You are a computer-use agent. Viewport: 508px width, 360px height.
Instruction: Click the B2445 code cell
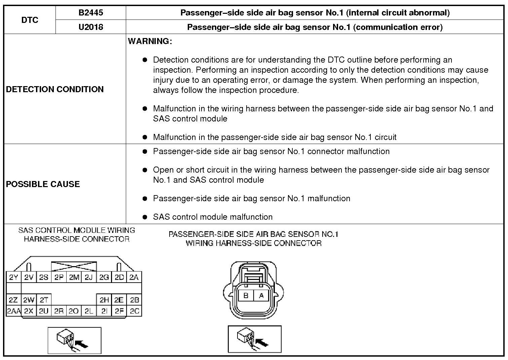tap(90, 13)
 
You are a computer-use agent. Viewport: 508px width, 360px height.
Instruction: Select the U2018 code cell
tap(90, 27)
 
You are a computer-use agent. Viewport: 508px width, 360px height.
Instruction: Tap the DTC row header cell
tap(30, 20)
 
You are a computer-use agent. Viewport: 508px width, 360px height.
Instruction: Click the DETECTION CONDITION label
tap(55, 89)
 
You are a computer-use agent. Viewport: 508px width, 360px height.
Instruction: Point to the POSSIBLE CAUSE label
tap(43, 184)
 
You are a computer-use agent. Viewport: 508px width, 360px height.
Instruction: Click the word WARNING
tap(150, 41)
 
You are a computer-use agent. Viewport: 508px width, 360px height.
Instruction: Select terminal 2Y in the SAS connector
tap(13, 277)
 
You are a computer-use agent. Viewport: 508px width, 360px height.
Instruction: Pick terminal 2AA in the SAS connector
tap(13, 311)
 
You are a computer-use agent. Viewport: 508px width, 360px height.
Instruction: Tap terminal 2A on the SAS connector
tap(134, 277)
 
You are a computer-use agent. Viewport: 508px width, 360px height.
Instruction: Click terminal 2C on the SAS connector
tap(134, 311)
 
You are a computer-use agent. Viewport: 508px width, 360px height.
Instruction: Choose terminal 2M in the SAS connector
tap(74, 277)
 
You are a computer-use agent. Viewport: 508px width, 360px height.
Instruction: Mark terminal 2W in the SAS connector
tap(29, 300)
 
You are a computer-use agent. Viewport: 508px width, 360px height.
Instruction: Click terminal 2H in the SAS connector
tap(104, 300)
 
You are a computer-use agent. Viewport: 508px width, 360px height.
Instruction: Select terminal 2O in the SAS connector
tap(73, 311)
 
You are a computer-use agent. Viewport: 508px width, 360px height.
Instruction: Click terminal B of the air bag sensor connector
tap(246, 296)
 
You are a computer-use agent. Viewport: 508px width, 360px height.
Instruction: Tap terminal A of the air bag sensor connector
tap(261, 296)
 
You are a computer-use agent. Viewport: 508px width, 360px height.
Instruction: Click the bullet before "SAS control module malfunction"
tap(145, 217)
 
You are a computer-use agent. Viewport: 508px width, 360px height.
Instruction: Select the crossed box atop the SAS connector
tap(74, 267)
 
